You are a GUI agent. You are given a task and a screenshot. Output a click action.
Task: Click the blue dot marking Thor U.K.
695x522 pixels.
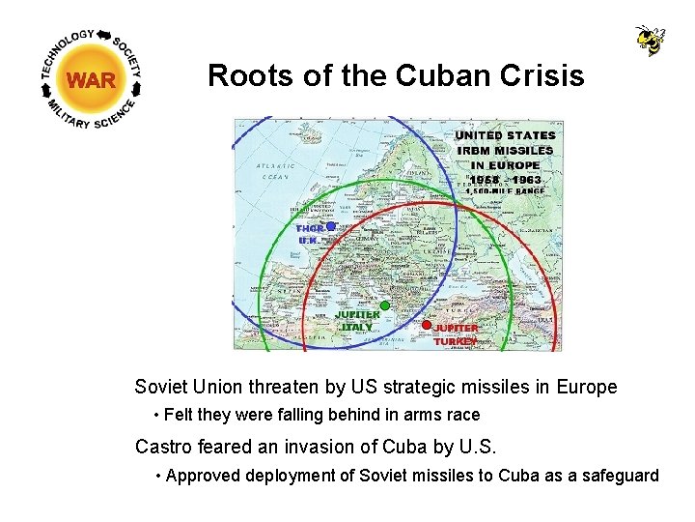tap(330, 226)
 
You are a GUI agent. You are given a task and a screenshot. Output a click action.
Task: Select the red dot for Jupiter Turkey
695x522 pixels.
tap(426, 325)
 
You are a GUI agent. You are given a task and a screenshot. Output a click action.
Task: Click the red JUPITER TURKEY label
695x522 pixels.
tap(455, 334)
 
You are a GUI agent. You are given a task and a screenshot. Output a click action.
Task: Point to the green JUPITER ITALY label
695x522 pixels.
tap(356, 321)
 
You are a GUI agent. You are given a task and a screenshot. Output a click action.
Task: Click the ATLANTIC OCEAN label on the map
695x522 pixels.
tap(273, 171)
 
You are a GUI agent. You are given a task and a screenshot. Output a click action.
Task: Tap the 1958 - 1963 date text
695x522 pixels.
tap(506, 179)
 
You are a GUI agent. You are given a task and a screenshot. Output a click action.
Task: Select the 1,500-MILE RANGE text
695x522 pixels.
tap(505, 191)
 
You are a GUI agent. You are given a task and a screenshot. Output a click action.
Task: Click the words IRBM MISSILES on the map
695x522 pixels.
tap(505, 150)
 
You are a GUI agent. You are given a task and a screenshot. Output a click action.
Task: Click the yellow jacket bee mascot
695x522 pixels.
tap(650, 41)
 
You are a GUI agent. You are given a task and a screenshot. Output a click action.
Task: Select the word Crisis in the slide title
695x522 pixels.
tap(541, 75)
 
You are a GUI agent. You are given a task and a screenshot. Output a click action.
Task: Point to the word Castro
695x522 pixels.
tap(160, 447)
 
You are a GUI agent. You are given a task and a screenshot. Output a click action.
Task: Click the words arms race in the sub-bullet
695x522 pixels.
tap(447, 415)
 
